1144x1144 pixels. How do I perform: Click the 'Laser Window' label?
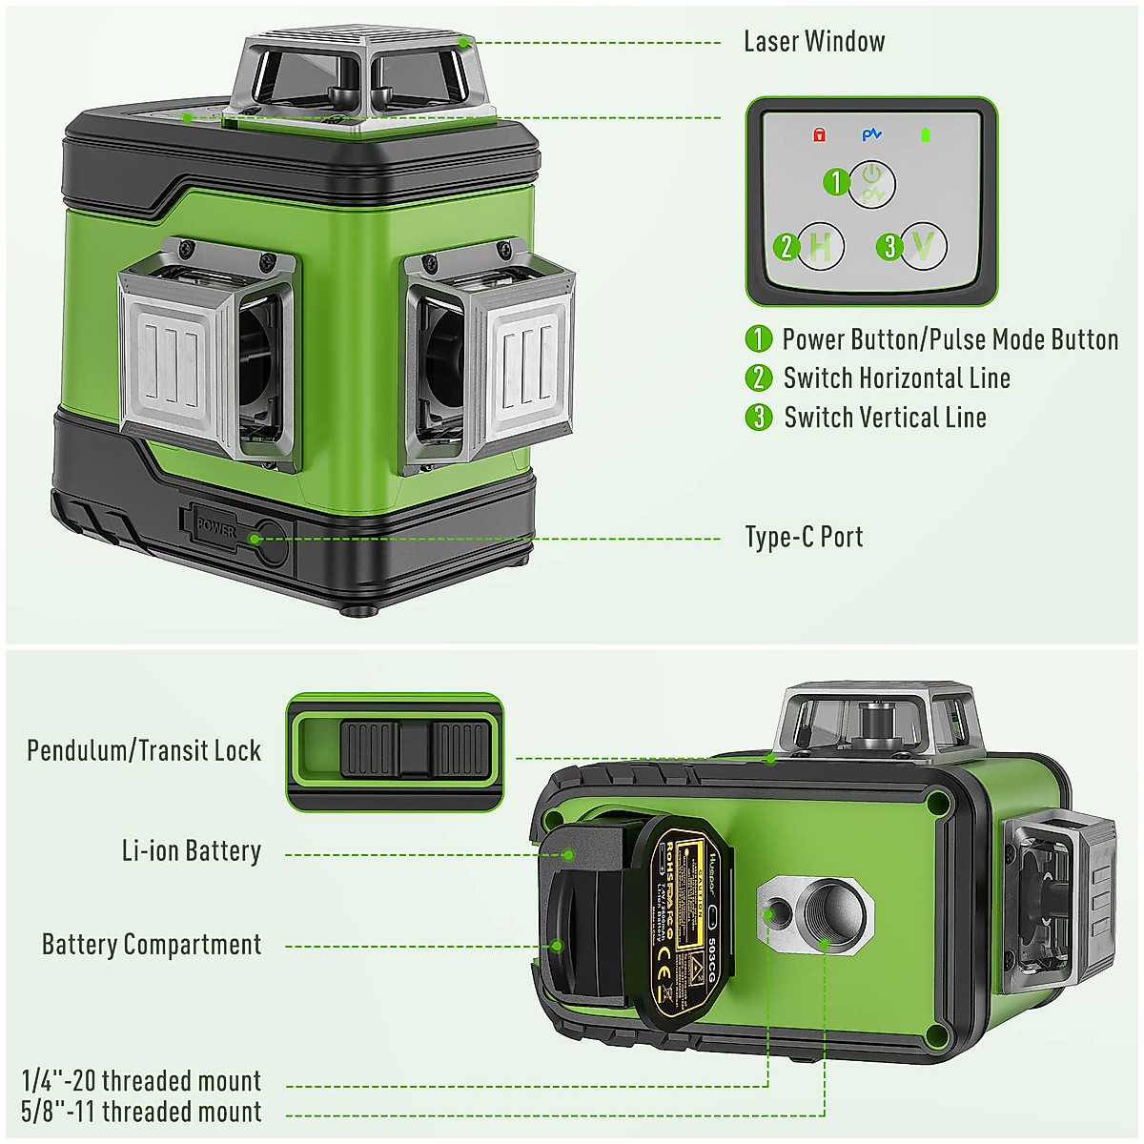click(x=813, y=42)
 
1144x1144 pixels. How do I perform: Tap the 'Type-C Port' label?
click(x=804, y=538)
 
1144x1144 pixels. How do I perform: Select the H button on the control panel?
click(x=820, y=247)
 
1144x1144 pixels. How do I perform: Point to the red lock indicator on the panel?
click(x=819, y=135)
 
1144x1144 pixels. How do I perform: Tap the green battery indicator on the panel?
click(x=925, y=135)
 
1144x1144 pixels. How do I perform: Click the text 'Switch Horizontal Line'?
click(x=896, y=378)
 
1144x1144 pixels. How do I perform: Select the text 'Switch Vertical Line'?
click(x=885, y=418)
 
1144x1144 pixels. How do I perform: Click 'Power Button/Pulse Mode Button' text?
click(x=950, y=339)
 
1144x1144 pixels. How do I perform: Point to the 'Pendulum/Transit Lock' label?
click(x=144, y=751)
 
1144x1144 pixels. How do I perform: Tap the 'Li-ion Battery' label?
click(x=192, y=851)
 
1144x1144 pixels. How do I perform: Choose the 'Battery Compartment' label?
click(x=152, y=945)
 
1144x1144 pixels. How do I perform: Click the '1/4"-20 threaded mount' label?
click(x=141, y=1081)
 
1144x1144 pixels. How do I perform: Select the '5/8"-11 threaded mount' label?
click(x=141, y=1112)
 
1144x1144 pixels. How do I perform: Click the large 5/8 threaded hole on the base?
click(x=826, y=915)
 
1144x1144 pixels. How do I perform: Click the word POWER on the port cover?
click(x=215, y=527)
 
